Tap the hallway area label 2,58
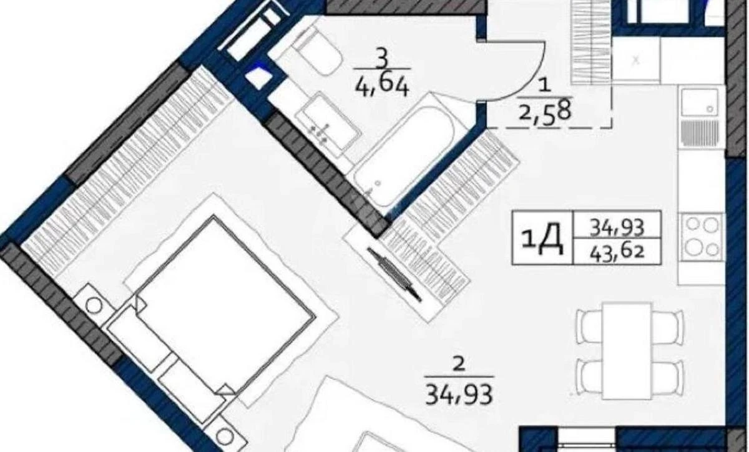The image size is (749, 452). click(x=544, y=113)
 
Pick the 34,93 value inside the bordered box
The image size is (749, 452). click(x=617, y=225)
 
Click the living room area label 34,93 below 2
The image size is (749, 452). click(x=459, y=394)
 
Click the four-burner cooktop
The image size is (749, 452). click(x=702, y=236)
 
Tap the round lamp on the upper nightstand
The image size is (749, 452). click(x=94, y=306)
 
